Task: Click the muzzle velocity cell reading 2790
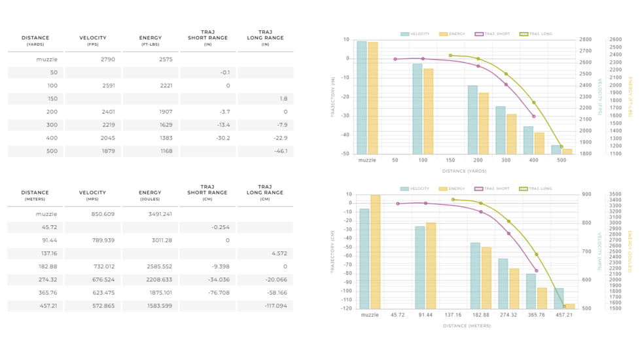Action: click(x=108, y=60)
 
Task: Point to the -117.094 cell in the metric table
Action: click(x=274, y=306)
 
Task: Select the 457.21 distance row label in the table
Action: click(x=46, y=306)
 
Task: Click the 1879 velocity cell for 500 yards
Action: click(x=108, y=151)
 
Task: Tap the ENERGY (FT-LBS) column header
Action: click(x=151, y=41)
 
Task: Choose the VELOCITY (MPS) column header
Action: click(x=92, y=195)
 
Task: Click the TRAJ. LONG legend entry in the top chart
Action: click(x=536, y=34)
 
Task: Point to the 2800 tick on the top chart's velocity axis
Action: click(x=585, y=40)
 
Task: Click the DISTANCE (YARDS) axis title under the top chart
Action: click(x=464, y=171)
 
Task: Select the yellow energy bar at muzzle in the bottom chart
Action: click(x=375, y=252)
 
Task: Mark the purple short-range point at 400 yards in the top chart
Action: click(x=533, y=117)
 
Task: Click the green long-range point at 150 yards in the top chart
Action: click(x=450, y=56)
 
